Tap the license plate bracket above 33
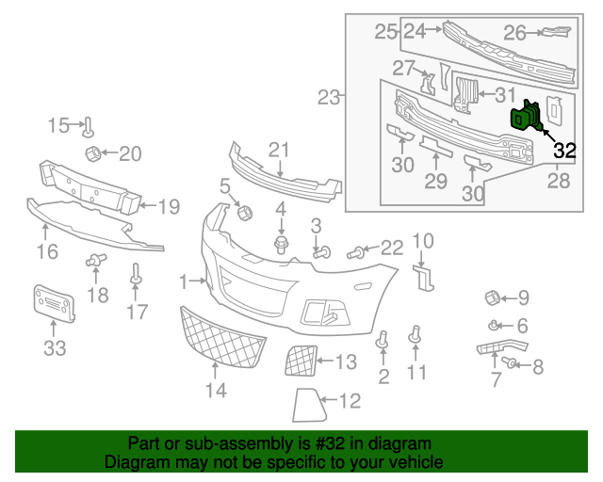(x=54, y=302)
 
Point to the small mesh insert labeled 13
(x=301, y=360)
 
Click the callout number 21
(x=278, y=149)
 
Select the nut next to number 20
(x=93, y=154)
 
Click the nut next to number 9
(x=491, y=298)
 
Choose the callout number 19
(x=168, y=206)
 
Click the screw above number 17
(x=137, y=276)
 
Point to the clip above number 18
(x=94, y=260)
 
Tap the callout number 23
(x=328, y=97)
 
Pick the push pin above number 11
(x=415, y=334)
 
